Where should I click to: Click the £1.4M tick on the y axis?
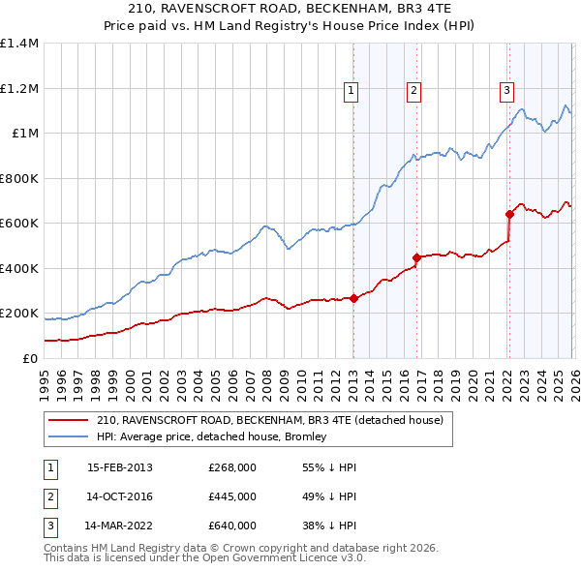[19, 44]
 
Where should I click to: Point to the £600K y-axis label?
[19, 224]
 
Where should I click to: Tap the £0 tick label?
[28, 358]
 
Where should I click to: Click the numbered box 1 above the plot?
[351, 92]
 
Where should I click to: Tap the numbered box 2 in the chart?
[413, 92]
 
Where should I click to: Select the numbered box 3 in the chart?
[506, 92]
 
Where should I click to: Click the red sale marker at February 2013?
[353, 298]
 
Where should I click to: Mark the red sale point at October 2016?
[416, 258]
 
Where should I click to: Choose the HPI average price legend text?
[211, 436]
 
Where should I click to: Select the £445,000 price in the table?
[232, 496]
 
